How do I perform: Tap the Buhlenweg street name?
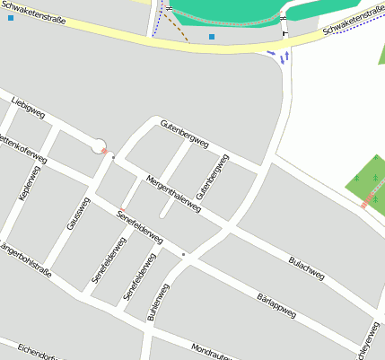[158, 302]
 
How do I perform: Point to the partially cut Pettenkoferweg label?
[22, 149]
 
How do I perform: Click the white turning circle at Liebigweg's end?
[99, 145]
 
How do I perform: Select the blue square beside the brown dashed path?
[212, 37]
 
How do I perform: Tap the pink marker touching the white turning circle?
[105, 152]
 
